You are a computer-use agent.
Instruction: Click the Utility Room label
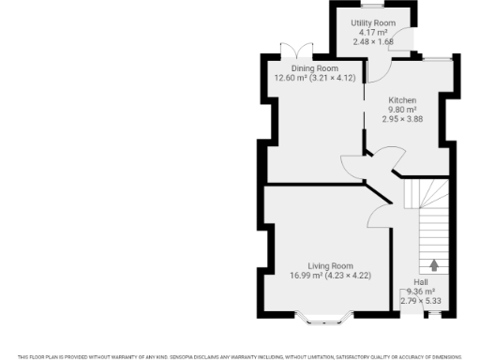coord(373,22)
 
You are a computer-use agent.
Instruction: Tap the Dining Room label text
coord(314,68)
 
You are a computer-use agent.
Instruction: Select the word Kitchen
coord(403,99)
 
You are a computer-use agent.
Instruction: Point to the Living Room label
coord(328,266)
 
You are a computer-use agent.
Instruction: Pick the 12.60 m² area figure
coord(290,78)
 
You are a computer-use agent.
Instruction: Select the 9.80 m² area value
coord(403,109)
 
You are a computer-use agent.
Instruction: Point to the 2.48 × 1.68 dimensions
coord(373,41)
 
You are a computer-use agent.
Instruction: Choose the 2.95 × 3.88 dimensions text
coord(403,118)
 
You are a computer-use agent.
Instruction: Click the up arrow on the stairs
coord(434,265)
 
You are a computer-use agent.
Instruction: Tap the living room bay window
coord(327,320)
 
